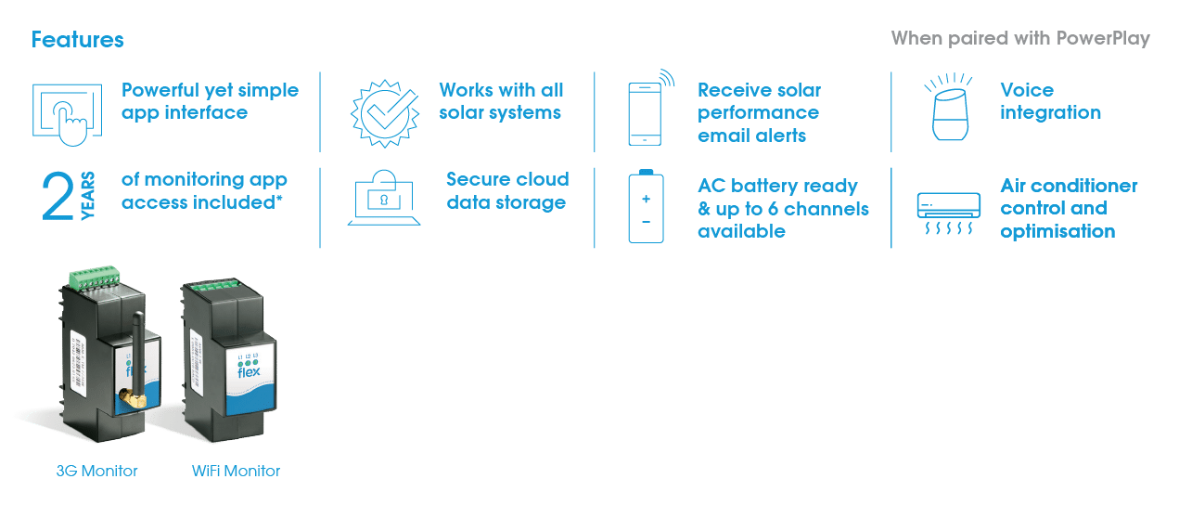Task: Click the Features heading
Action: (77, 40)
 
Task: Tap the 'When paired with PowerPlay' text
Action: (1020, 38)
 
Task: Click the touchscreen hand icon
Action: (68, 114)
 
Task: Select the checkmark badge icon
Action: (385, 113)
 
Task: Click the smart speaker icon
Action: (950, 107)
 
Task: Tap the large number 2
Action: (58, 197)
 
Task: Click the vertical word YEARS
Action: (87, 195)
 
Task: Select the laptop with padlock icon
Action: (384, 198)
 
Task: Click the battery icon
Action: (646, 206)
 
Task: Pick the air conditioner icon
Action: (948, 213)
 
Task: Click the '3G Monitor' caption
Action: (96, 471)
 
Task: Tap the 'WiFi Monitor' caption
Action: (236, 471)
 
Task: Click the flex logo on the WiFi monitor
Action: (249, 371)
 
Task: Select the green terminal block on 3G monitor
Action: (95, 277)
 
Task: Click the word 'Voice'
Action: (1027, 90)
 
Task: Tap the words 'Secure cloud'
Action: (507, 179)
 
